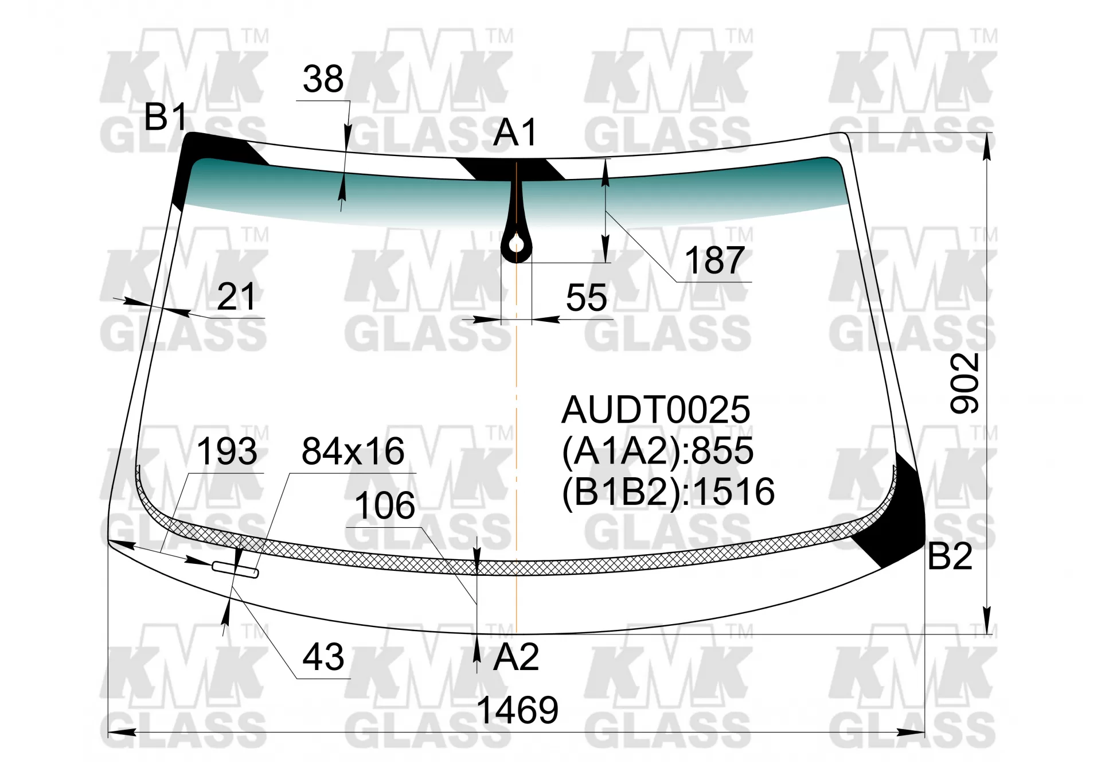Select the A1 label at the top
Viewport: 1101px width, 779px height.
(x=515, y=133)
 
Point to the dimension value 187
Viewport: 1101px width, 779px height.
(x=715, y=260)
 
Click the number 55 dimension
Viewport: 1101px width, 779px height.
(x=586, y=298)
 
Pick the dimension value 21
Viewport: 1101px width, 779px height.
(x=236, y=297)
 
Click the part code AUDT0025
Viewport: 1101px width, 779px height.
(x=655, y=410)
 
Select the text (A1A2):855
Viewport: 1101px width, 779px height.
(x=657, y=450)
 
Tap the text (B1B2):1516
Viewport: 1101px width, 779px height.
(x=668, y=492)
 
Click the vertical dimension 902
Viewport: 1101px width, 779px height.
(x=965, y=383)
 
